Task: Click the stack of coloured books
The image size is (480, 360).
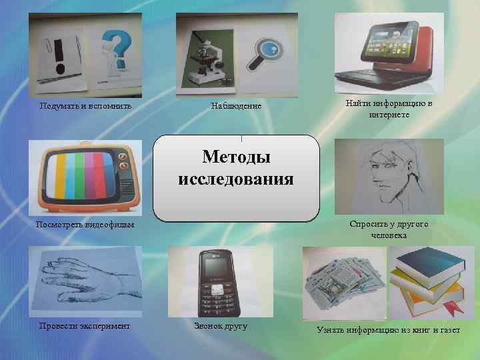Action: [425, 279]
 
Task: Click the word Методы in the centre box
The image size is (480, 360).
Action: [236, 158]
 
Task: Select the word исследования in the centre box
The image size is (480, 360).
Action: [236, 179]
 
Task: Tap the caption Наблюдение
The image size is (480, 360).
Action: [236, 106]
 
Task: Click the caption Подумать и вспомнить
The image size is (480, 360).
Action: [85, 106]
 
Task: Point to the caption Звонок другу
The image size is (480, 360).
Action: [220, 326]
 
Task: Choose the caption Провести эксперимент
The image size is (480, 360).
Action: [84, 325]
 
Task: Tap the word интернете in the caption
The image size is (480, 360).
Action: [389, 115]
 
